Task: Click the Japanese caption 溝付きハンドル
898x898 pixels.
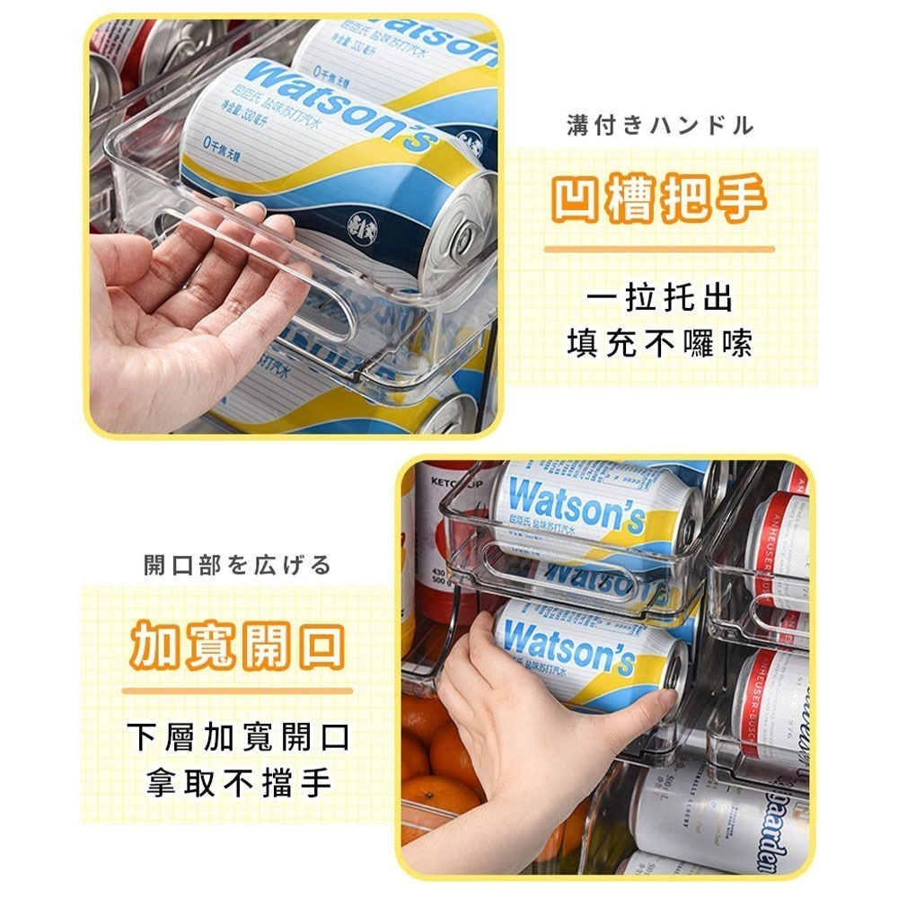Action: click(x=660, y=126)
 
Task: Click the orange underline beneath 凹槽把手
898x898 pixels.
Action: click(x=659, y=249)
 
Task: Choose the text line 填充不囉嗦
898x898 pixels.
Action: click(x=660, y=343)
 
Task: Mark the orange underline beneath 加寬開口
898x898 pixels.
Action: click(x=237, y=691)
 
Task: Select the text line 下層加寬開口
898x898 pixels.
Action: click(x=238, y=736)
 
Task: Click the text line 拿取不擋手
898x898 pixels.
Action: click(x=238, y=782)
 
